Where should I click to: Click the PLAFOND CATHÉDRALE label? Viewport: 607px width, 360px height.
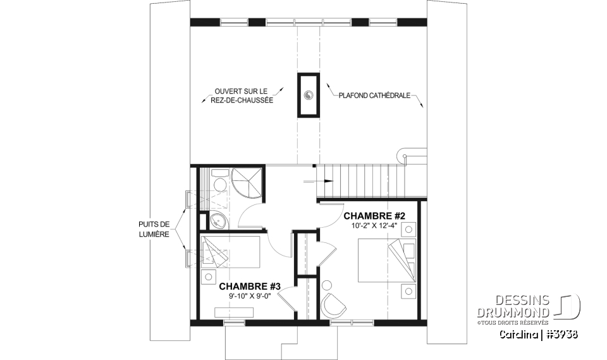[x=373, y=96]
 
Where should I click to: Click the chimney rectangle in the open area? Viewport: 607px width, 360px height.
[x=309, y=96]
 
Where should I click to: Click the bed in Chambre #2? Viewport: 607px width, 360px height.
[x=382, y=260]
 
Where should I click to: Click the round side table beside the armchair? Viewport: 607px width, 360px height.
[x=328, y=284]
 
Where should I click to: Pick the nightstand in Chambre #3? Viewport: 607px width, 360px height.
[x=209, y=275]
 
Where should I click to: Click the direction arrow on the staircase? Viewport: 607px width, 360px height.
[x=314, y=181]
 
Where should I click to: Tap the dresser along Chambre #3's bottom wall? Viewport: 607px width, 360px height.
[x=234, y=311]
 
